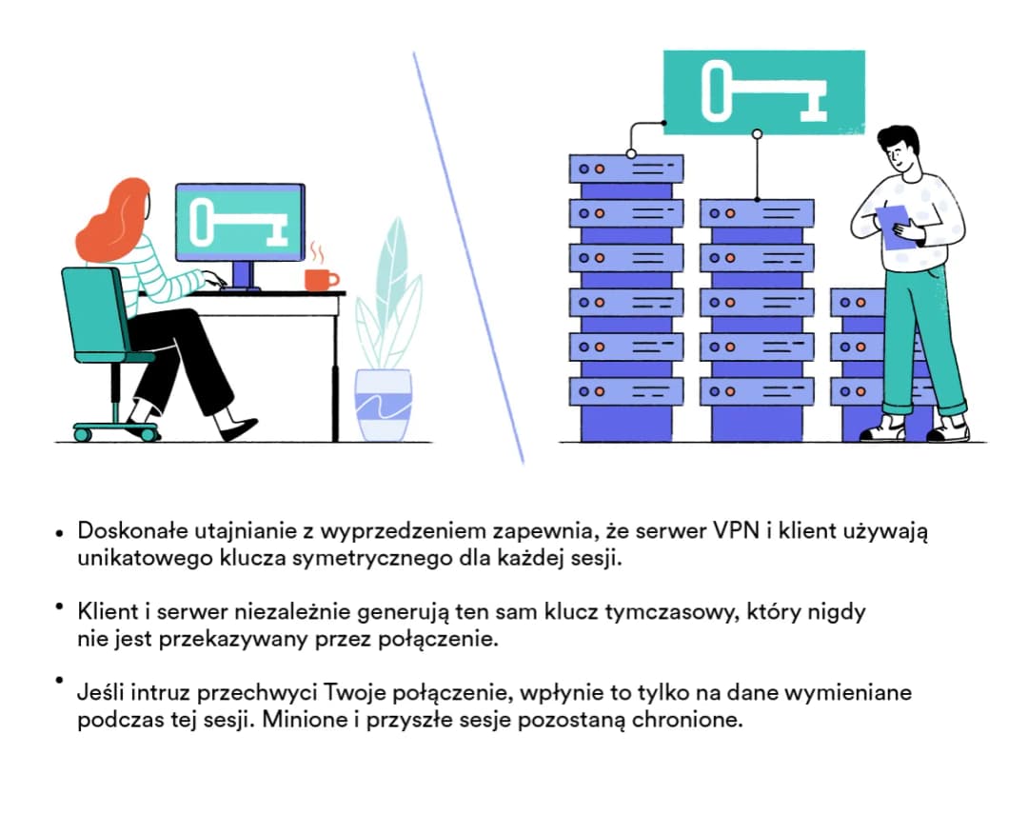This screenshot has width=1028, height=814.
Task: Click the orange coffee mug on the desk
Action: click(320, 279)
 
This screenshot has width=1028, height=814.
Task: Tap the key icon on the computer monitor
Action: click(239, 223)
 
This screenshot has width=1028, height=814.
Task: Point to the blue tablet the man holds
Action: click(897, 228)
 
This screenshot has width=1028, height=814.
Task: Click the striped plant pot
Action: click(383, 405)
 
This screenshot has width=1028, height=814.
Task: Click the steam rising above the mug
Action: click(316, 252)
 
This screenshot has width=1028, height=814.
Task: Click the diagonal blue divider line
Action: click(468, 257)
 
